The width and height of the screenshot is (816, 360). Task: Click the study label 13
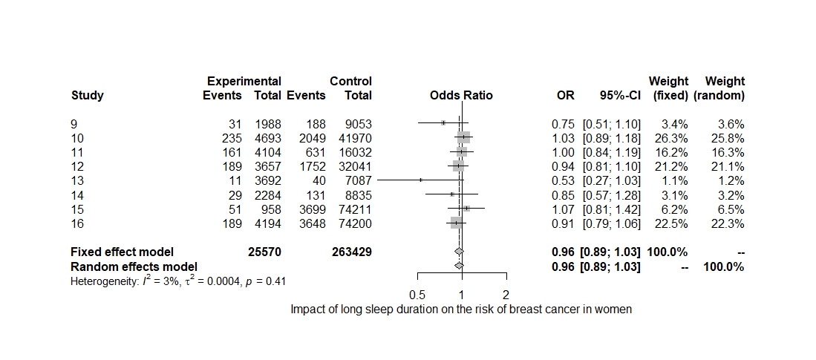pos(77,180)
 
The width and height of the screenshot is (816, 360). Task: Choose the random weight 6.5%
pos(729,209)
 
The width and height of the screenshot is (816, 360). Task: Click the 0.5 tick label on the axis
pos(418,295)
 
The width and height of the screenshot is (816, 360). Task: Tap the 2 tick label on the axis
pos(506,295)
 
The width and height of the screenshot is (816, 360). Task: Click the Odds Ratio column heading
pos(461,95)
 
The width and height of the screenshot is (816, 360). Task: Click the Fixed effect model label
pos(122,252)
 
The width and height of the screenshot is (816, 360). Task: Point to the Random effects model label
pos(134,266)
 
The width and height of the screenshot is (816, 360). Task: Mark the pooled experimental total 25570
pos(264,252)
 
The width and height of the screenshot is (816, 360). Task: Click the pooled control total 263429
pos(351,252)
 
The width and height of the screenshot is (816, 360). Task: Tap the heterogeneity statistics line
pos(179,281)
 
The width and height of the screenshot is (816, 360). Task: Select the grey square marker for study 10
pos(463,138)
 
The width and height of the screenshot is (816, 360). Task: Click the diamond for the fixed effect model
pos(459,252)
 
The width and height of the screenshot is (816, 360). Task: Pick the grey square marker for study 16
pos(456,223)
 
